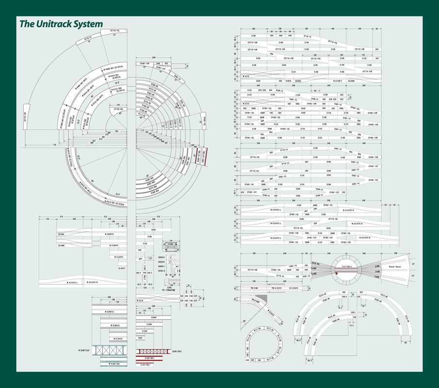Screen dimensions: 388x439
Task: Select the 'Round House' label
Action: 394,267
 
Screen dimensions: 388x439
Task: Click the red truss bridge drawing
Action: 153,351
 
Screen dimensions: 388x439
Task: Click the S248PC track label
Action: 109,234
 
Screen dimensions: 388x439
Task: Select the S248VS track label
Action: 110,312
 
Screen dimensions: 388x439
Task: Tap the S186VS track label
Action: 114,325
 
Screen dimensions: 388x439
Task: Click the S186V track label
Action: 149,324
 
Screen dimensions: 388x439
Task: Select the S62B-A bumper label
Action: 162,257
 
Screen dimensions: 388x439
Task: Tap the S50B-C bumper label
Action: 162,266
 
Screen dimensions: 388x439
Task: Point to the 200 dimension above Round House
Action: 396,254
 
